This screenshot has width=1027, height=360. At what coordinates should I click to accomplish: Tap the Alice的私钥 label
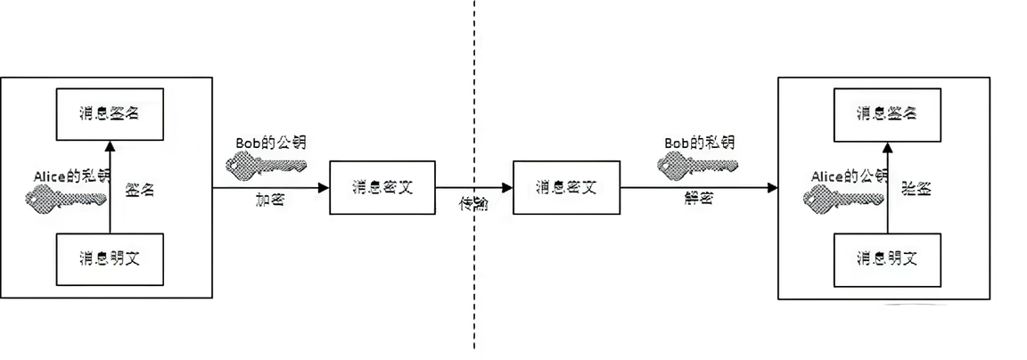pos(70,176)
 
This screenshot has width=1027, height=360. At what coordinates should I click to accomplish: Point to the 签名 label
pos(141,190)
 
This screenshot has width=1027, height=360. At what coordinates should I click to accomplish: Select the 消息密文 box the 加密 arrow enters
pos(382,187)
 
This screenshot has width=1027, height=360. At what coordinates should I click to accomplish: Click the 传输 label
pos(473,204)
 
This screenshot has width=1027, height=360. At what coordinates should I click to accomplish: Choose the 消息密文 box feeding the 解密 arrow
pos(566,187)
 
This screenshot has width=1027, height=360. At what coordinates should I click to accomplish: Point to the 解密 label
pos(698,201)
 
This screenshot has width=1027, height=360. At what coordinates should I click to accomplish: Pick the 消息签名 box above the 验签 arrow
pos(886,113)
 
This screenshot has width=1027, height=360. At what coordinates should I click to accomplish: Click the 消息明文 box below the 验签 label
pos(886,259)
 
